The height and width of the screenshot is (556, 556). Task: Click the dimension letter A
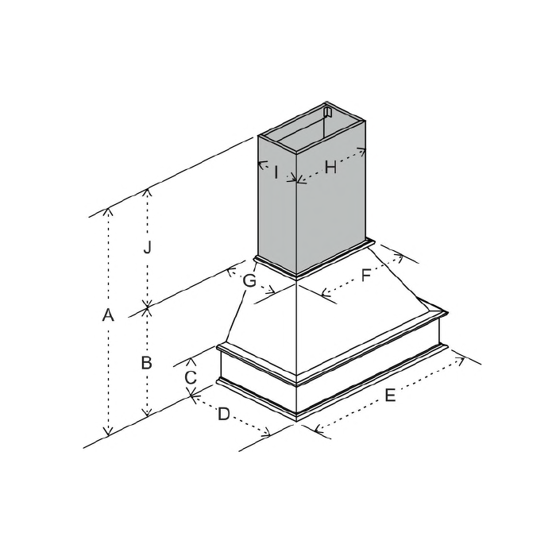[x=109, y=315]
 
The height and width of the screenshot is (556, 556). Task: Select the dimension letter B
[x=146, y=363]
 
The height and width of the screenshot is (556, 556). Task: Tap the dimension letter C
[x=190, y=377]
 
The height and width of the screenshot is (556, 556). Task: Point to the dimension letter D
[x=224, y=414]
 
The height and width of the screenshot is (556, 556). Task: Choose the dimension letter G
[x=249, y=280]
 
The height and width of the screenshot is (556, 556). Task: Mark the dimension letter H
[x=330, y=168]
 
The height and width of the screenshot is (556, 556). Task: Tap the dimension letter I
[x=275, y=171]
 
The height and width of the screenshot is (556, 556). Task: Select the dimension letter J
[x=146, y=247]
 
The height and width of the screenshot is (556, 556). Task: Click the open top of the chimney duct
[x=314, y=131]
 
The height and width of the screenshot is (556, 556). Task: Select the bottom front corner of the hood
[x=297, y=419]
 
